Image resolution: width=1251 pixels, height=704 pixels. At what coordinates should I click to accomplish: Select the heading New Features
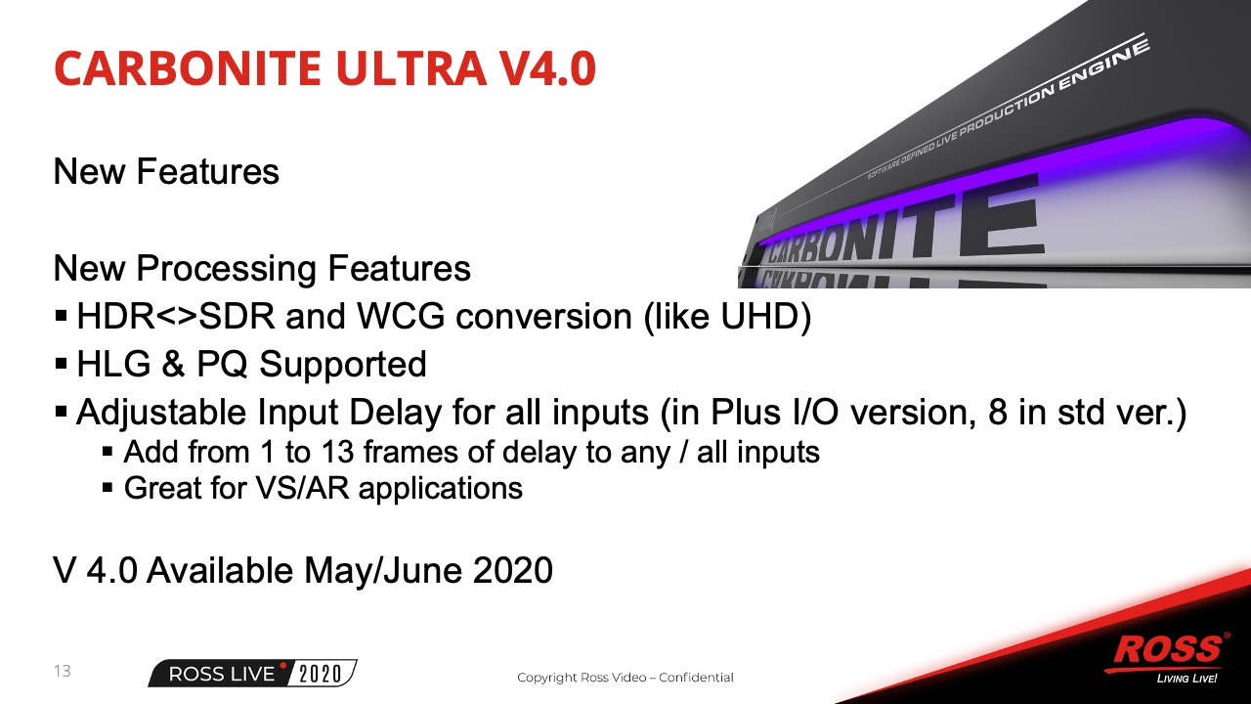166,171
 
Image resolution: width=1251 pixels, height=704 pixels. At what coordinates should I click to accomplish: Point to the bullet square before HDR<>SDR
62,316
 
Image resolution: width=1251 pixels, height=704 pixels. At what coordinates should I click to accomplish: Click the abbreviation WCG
401,316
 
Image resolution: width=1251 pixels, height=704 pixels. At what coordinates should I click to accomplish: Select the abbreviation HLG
113,365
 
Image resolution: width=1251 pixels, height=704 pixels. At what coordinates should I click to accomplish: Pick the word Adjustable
161,414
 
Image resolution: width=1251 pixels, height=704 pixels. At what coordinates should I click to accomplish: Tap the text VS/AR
302,488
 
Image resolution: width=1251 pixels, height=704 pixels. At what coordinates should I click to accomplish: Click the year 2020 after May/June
513,570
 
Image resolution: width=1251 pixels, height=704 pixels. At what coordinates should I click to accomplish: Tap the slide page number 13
62,671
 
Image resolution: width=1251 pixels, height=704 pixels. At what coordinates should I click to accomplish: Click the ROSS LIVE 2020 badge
252,674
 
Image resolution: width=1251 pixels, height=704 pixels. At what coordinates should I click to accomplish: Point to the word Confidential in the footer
696,678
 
